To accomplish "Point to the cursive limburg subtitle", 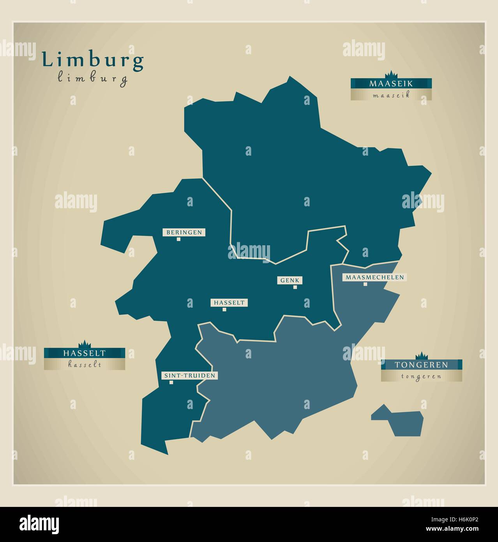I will pos(93,78).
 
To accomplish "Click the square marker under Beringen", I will pos(178,239).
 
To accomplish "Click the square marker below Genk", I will pos(295,287).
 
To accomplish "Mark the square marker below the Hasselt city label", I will pos(224,310).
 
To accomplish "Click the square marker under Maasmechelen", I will pos(365,284).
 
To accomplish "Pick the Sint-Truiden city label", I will pos(189,376).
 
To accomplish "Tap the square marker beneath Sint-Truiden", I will pos(171,383).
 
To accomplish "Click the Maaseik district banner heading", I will pos(391,83).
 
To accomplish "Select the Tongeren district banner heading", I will pos(421,365).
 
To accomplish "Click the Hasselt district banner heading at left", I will pos(84,353).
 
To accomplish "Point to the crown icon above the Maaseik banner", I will pos(390,74).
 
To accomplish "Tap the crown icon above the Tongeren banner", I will pos(421,356).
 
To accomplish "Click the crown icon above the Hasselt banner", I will pos(84,344).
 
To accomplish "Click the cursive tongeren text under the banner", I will pos(421,376).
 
